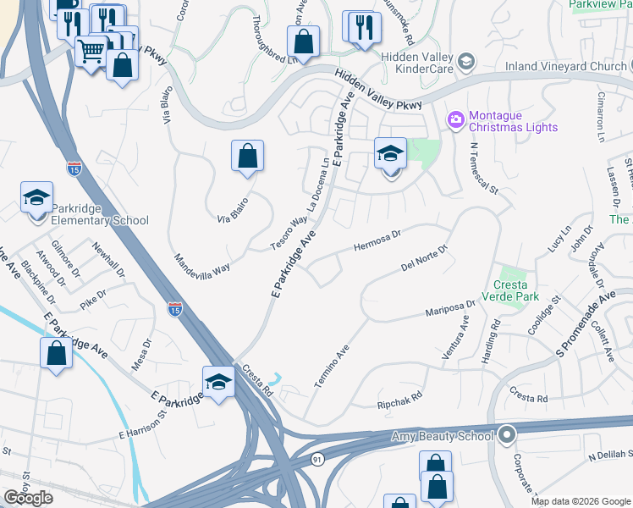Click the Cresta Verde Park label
click(510, 290)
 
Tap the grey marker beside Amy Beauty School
click(507, 435)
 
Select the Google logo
click(28, 498)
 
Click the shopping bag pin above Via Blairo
click(247, 156)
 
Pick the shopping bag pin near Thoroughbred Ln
click(302, 41)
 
